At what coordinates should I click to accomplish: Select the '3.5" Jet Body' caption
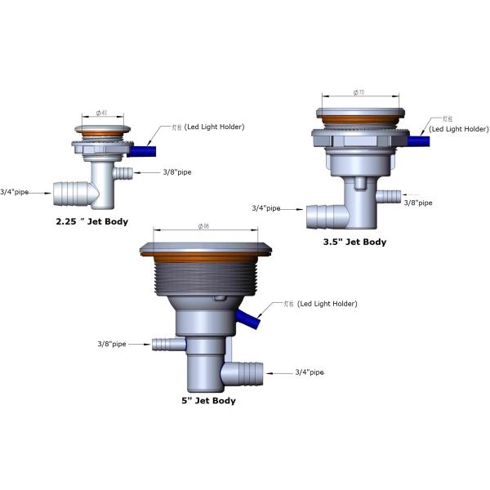click(x=354, y=242)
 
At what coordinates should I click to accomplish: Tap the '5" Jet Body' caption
click(x=208, y=400)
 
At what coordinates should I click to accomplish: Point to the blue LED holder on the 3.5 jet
click(x=419, y=140)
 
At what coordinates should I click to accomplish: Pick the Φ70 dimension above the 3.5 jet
click(x=359, y=93)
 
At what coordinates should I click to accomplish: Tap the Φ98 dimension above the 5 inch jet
click(x=204, y=226)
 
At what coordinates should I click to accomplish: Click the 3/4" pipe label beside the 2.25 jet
click(x=15, y=191)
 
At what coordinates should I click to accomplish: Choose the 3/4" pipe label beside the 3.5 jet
click(x=266, y=208)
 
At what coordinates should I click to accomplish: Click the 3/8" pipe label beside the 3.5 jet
click(x=419, y=202)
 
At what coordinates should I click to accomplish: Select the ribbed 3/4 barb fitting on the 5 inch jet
click(x=247, y=372)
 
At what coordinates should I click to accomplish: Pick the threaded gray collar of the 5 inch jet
click(x=204, y=278)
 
